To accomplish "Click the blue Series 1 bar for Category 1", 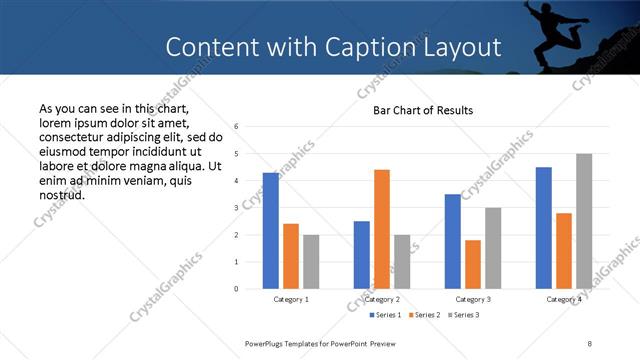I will click(x=271, y=231).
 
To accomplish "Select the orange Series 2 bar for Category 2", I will click(x=382, y=229).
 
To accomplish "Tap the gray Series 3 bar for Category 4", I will click(x=584, y=221).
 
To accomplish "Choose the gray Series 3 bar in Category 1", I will click(x=311, y=261).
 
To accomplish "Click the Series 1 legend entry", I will click(x=386, y=315).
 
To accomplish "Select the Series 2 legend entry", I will click(x=424, y=315).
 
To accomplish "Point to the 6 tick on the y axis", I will click(x=236, y=127).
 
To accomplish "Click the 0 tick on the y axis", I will click(x=236, y=289).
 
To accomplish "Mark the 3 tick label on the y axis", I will click(x=236, y=208).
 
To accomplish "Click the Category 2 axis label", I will click(x=382, y=299).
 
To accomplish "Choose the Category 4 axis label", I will click(x=564, y=299).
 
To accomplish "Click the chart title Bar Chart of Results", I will click(x=423, y=110).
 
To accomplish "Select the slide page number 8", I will click(x=590, y=343).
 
